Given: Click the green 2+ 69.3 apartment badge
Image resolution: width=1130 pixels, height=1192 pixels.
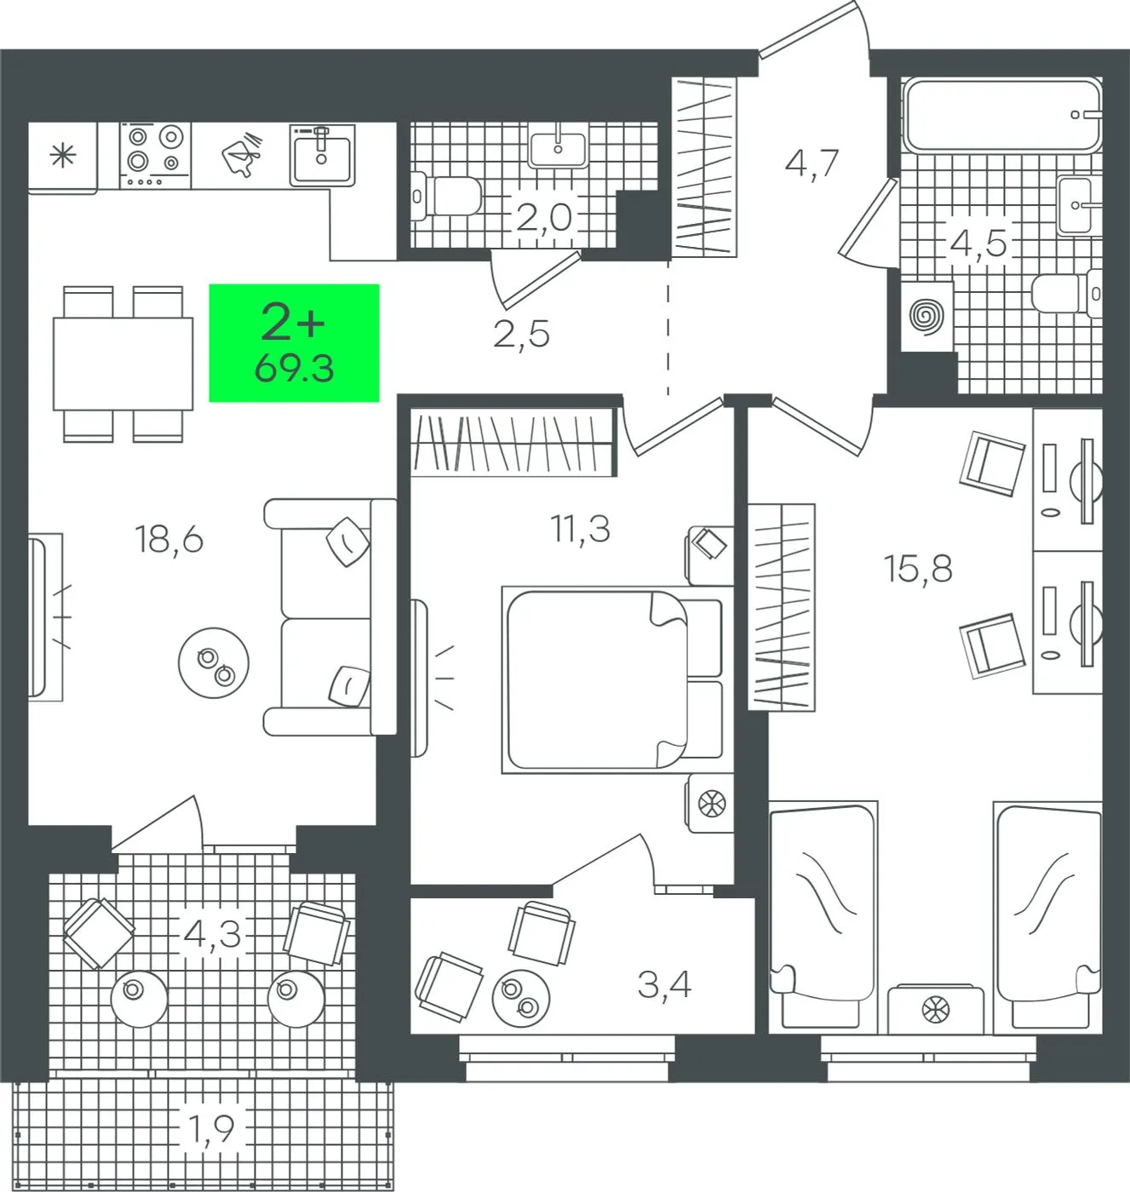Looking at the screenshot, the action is pos(294,342).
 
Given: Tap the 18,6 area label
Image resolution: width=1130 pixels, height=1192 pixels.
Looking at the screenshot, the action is pos(169,539).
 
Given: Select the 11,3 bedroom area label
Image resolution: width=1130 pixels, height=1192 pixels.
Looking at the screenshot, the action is pos(580,529).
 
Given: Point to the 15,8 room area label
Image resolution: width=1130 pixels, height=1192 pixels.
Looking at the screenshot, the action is pos(918,569).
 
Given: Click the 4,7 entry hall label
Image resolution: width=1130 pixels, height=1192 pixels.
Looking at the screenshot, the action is pos(812,163).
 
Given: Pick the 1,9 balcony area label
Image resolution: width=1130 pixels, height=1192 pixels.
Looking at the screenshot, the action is pos(210,1129).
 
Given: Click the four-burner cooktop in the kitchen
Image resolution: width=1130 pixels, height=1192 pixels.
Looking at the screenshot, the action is pos(155,155).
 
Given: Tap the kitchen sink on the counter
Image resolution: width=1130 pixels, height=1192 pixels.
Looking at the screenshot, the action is pos(322,155).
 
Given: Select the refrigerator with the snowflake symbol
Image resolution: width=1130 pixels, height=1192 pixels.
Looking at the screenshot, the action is pos(62,158).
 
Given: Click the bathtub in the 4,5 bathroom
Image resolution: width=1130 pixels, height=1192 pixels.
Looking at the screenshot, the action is pos(1001,115).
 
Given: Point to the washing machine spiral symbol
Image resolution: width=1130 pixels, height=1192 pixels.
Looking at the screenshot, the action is pos(927,316).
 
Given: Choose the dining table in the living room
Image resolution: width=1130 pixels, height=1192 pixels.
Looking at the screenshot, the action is pos(123,364).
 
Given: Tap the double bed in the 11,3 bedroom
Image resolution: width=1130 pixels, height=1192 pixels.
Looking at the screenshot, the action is pos(612,679).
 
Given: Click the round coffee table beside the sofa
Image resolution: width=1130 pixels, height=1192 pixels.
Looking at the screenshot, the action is pos(214,662).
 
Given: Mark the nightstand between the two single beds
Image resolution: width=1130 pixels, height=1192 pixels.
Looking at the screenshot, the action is pos(935,1010).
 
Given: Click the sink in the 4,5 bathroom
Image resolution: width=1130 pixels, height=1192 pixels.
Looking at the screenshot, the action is pos(1080,205).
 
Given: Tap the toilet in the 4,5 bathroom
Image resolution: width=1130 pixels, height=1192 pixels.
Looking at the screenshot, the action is pos(1067,294).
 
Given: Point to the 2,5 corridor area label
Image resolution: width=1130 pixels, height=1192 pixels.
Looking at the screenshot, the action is pos(521,334).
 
